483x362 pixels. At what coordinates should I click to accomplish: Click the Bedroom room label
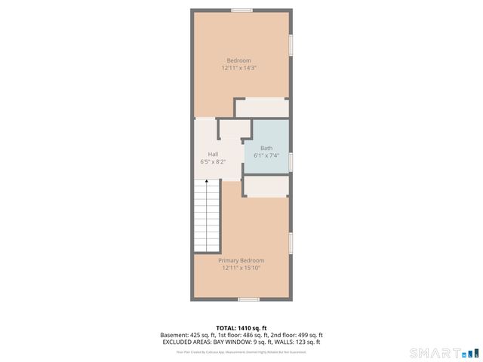point(239,60)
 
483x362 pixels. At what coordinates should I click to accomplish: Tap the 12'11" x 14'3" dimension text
point(239,68)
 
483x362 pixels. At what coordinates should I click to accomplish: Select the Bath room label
point(266,148)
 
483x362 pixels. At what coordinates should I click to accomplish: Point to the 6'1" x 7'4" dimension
point(266,156)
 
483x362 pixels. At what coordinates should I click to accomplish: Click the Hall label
point(214,154)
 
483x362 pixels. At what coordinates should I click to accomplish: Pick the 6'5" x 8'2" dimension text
point(214,161)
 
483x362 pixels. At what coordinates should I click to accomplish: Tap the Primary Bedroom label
point(241,260)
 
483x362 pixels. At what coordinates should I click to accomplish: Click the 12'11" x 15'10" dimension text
point(241,268)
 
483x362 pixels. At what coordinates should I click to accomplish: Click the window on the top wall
point(241,10)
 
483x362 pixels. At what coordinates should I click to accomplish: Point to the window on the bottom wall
point(248,299)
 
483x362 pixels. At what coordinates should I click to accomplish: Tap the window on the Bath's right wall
point(291,162)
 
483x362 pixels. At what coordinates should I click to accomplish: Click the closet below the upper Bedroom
point(261,108)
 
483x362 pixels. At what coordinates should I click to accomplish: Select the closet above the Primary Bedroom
point(266,186)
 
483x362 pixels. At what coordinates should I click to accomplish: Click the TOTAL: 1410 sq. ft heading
point(241,327)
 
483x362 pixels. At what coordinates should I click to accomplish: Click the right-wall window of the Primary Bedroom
point(291,243)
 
